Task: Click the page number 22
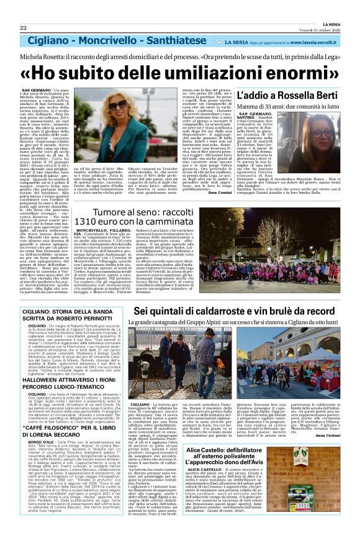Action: [23, 28]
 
